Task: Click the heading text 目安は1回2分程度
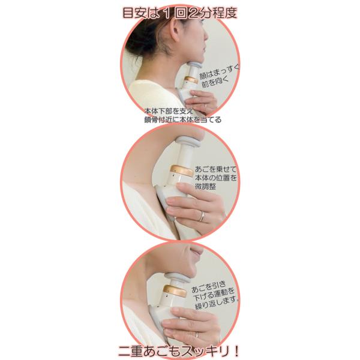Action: (x=180, y=13)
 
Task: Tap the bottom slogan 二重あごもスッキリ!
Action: (x=179, y=350)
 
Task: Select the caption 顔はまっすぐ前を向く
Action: (x=219, y=76)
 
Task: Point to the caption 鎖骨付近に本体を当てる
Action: (x=182, y=119)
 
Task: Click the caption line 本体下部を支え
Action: (x=169, y=112)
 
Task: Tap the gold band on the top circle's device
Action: (x=191, y=80)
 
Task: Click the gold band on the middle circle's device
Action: (x=181, y=170)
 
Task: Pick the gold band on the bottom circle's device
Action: (x=175, y=290)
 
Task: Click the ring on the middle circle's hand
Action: (x=202, y=217)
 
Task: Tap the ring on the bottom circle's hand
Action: (x=197, y=335)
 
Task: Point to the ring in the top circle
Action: (x=205, y=106)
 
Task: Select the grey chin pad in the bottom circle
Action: (x=177, y=278)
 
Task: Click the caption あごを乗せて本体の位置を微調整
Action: (x=215, y=178)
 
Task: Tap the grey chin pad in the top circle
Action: (x=194, y=65)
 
